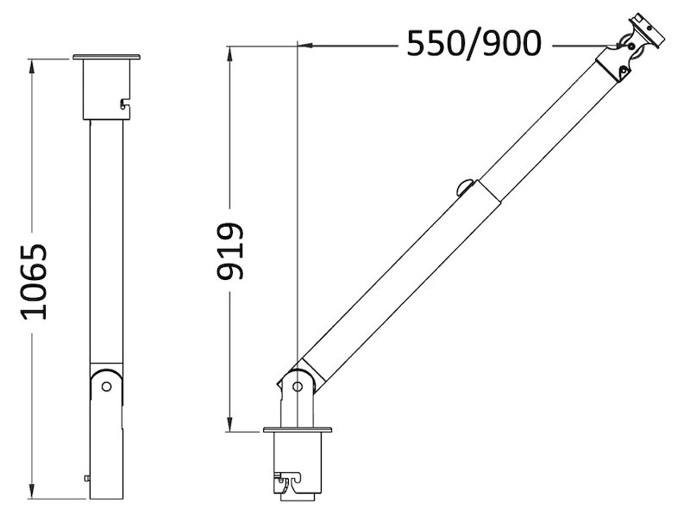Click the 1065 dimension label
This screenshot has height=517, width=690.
(34, 282)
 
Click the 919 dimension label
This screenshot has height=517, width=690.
(229, 251)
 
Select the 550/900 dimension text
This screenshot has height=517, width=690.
(474, 44)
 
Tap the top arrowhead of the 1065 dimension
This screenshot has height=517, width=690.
(31, 66)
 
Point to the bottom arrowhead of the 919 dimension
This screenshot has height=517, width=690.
(229, 425)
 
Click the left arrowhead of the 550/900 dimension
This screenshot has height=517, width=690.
(306, 45)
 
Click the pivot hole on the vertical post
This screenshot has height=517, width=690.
(106, 386)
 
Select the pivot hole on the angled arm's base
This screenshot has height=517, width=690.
(298, 387)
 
